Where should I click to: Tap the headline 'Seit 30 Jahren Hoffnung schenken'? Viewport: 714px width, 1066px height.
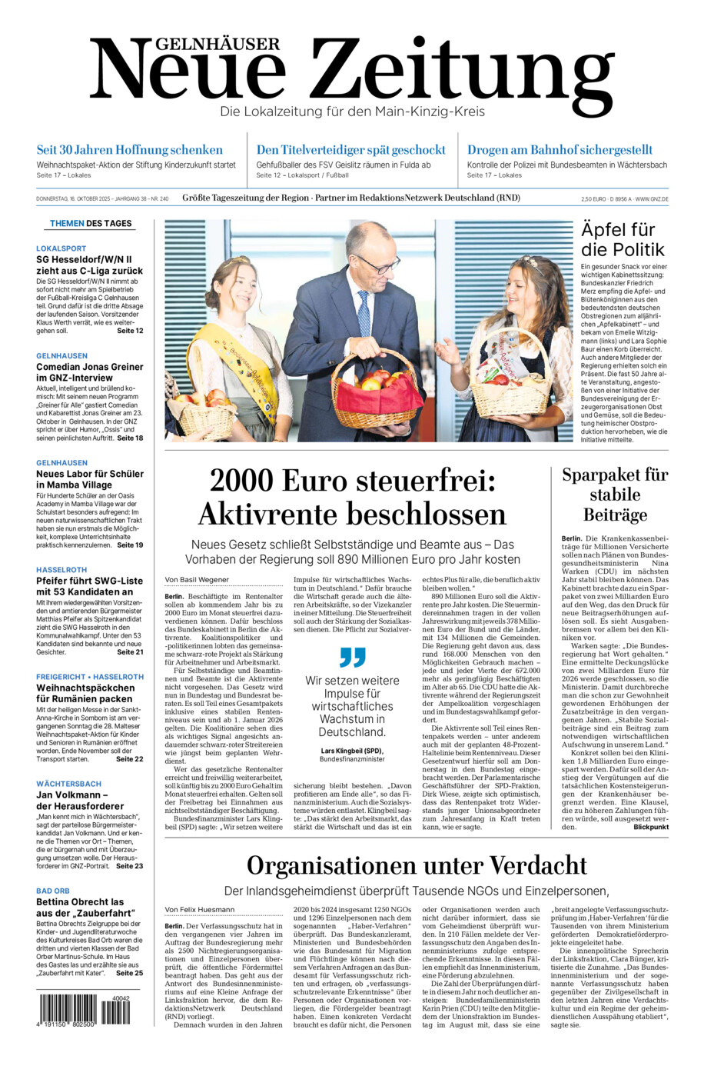[x=130, y=150]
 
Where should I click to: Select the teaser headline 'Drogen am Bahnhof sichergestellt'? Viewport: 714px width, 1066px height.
[x=560, y=150]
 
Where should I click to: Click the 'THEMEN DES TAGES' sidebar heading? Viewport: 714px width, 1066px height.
[x=91, y=224]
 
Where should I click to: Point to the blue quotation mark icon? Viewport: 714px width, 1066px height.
[x=352, y=657]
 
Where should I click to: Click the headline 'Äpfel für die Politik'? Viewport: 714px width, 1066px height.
[x=623, y=239]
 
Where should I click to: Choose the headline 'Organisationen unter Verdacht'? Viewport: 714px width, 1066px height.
[x=417, y=866]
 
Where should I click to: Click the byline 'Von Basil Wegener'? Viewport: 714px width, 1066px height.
[x=197, y=580]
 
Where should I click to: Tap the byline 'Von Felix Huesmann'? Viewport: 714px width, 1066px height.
[x=199, y=910]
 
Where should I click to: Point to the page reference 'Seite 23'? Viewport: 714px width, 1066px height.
[x=129, y=866]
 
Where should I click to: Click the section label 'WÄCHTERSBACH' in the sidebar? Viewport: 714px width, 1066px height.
[x=68, y=784]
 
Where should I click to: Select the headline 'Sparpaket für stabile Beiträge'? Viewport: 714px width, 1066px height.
[x=615, y=495]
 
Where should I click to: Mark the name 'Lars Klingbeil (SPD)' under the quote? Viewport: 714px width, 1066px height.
[x=351, y=751]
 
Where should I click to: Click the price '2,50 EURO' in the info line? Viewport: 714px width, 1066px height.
[x=593, y=199]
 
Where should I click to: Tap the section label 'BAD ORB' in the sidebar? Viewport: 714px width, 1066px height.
[x=53, y=891]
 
